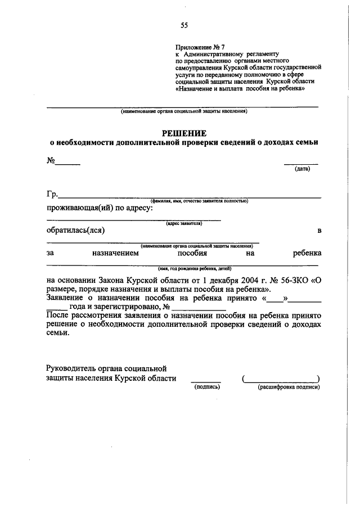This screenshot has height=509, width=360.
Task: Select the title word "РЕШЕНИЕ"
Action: [184, 133]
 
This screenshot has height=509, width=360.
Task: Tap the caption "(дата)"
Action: [303, 169]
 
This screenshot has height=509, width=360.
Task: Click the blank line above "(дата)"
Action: [301, 164]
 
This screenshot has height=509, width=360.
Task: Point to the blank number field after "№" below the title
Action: [67, 164]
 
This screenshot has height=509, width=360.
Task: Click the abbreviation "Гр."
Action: [52, 194]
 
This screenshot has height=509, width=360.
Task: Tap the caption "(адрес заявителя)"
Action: [184, 224]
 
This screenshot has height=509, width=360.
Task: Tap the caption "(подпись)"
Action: [206, 388]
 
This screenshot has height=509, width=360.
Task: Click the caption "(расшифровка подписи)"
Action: [289, 388]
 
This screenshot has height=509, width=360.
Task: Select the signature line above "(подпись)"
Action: [206, 382]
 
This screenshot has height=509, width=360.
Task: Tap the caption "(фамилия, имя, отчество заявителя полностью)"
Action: [199, 201]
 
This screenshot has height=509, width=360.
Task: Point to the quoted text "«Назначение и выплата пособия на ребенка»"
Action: [240, 89]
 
